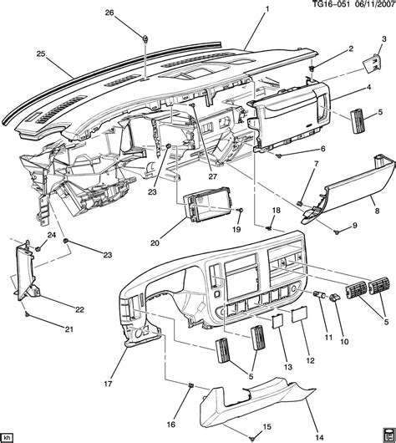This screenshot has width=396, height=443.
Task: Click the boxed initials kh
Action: pos(8,435)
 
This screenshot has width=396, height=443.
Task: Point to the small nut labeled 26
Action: pos(145,38)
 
